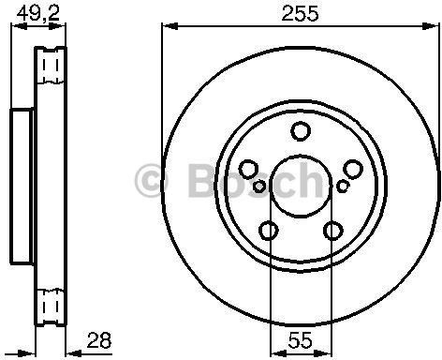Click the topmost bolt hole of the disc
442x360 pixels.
[x=300, y=131]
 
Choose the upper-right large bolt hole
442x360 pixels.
[x=352, y=168]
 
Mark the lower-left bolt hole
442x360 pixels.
[x=269, y=229]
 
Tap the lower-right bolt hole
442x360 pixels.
[x=332, y=229]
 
